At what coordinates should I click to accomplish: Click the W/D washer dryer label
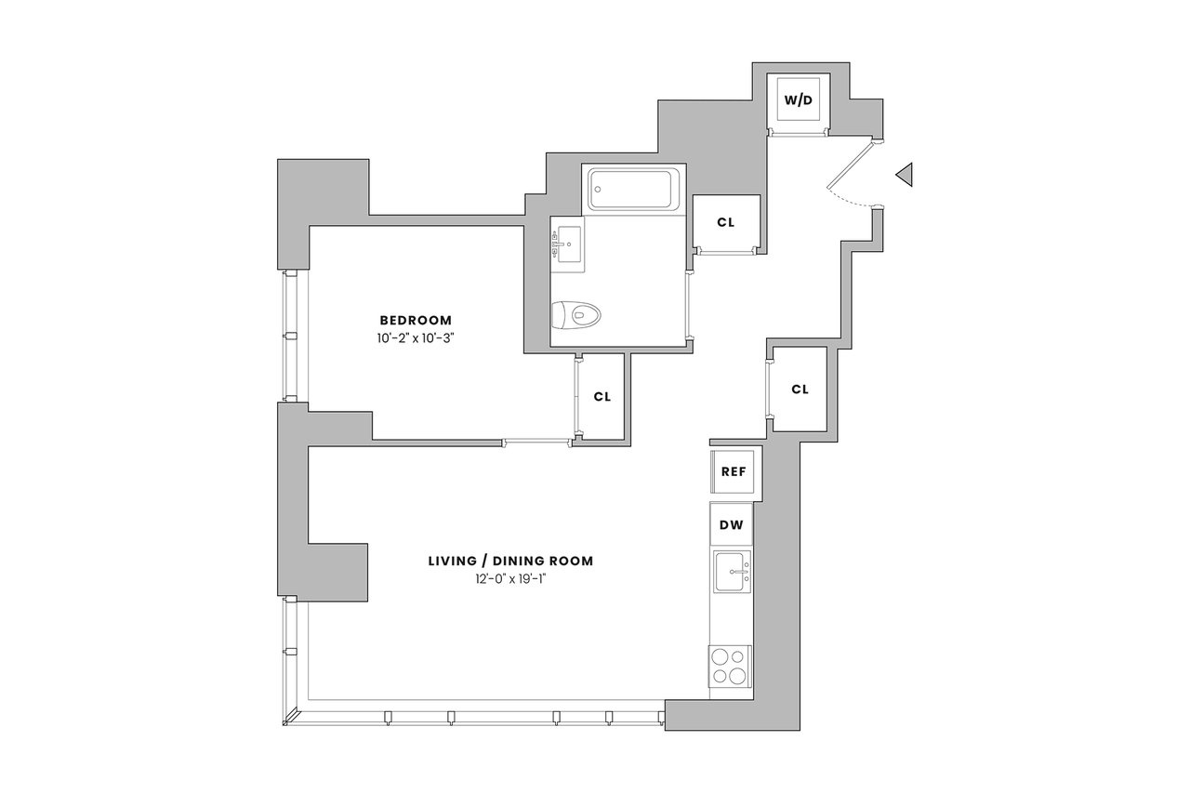799,99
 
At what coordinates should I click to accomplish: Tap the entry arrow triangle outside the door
905,174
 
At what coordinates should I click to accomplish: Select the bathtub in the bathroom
634,189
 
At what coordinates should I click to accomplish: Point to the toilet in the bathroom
575,315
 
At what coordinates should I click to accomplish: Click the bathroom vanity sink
567,245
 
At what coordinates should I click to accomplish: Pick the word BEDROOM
416,321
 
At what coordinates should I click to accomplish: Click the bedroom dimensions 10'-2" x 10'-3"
416,338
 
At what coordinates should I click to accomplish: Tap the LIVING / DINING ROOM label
510,561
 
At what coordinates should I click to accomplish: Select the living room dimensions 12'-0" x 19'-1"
510,579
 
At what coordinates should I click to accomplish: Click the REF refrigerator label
734,471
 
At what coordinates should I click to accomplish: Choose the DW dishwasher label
731,525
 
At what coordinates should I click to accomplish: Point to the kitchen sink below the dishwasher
733,572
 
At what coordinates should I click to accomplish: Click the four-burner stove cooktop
730,667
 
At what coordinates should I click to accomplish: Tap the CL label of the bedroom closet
602,397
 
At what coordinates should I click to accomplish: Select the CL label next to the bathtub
726,222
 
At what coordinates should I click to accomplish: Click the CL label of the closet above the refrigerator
800,390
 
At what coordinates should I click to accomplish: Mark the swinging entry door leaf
851,165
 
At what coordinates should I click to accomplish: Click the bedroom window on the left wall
290,337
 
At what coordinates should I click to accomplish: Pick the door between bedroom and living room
537,442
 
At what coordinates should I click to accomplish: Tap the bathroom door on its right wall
689,304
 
